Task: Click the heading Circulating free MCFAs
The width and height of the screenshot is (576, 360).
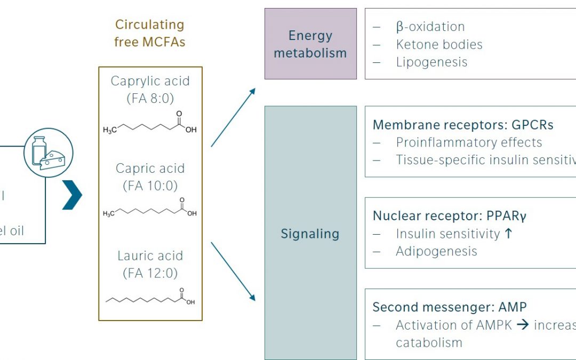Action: pyautogui.click(x=149, y=33)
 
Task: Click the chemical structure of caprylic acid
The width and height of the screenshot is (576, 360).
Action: pyautogui.click(x=150, y=124)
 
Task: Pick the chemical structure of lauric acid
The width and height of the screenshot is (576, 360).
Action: pyautogui.click(x=150, y=297)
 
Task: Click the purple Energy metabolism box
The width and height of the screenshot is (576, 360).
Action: pyautogui.click(x=310, y=44)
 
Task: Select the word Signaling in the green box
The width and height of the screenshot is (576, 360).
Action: pyautogui.click(x=310, y=234)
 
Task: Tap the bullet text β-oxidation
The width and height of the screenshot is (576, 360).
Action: pyautogui.click(x=430, y=27)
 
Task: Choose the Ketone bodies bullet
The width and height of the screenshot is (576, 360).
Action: pyautogui.click(x=439, y=44)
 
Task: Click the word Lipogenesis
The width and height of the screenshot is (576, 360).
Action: pyautogui.click(x=431, y=62)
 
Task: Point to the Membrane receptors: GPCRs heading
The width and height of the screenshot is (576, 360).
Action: pyautogui.click(x=463, y=125)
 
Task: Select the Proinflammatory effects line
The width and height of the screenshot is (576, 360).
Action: pyautogui.click(x=469, y=142)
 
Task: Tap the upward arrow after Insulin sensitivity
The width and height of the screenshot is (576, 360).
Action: pyautogui.click(x=508, y=233)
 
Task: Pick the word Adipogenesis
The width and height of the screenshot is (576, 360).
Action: pyautogui.click(x=436, y=251)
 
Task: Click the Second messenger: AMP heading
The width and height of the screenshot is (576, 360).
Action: pyautogui.click(x=449, y=307)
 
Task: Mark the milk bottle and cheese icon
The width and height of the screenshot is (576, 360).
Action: pyautogui.click(x=48, y=153)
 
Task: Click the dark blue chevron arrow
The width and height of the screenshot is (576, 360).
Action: pyautogui.click(x=73, y=195)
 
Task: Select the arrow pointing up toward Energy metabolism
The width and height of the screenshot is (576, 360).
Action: pyautogui.click(x=233, y=117)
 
